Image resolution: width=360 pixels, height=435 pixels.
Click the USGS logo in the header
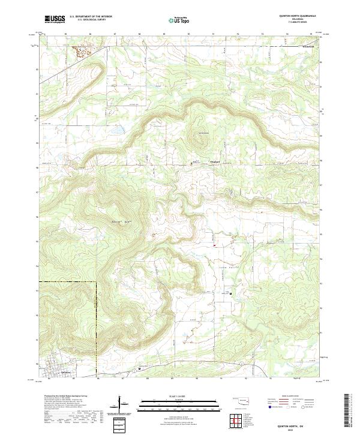tap(55, 19)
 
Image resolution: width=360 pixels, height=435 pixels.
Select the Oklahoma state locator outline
tap(243, 402)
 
